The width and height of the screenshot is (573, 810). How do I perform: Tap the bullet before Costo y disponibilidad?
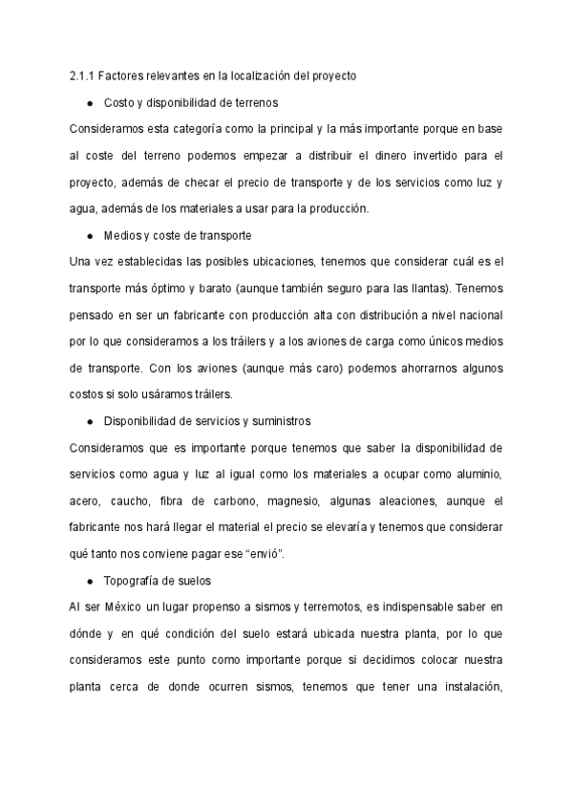click(89, 101)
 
